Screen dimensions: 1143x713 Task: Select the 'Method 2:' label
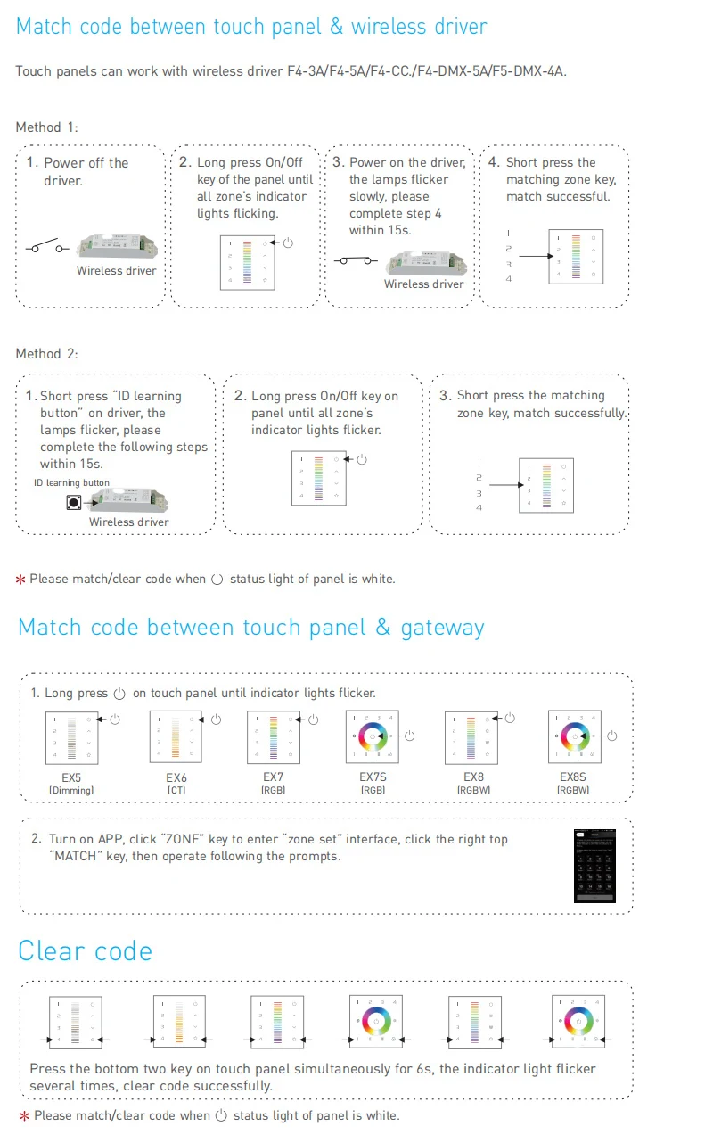click(46, 354)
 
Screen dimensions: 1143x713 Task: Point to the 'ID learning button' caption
click(71, 483)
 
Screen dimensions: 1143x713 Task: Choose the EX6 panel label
click(176, 777)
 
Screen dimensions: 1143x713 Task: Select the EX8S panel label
click(573, 777)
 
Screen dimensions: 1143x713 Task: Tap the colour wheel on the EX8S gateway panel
click(574, 736)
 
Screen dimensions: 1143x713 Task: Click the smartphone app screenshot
click(595, 865)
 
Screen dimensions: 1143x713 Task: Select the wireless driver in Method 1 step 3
click(426, 262)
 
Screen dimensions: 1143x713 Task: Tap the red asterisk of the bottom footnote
click(23, 1116)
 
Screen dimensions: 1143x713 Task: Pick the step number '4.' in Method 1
click(494, 162)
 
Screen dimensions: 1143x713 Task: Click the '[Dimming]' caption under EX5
click(71, 790)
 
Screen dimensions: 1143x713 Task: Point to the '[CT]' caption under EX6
click(176, 790)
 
